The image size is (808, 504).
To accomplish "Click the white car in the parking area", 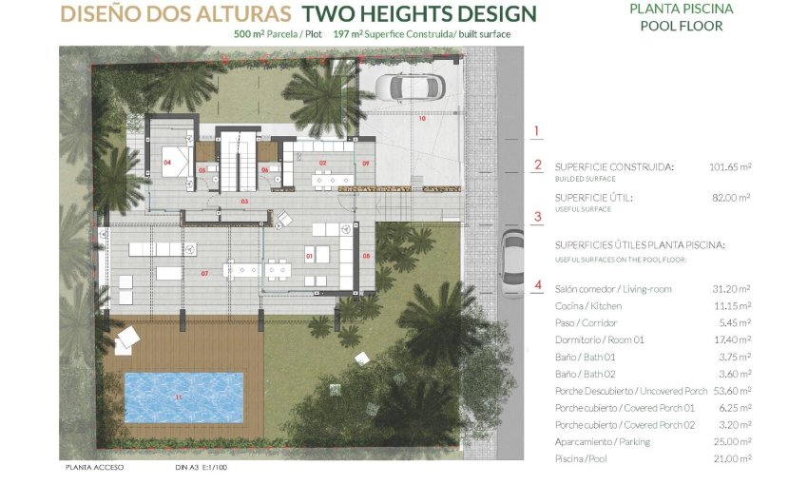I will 410,87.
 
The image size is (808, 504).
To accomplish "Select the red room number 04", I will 167,163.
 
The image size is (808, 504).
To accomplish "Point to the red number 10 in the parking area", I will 422,119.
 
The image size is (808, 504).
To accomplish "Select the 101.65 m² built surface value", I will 729,166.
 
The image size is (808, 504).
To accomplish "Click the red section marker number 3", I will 538,217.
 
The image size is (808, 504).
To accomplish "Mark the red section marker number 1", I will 537,131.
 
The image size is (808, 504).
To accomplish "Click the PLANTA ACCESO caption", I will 95,468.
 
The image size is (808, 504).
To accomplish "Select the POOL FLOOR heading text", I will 681,26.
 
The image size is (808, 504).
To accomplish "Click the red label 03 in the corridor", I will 244,203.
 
